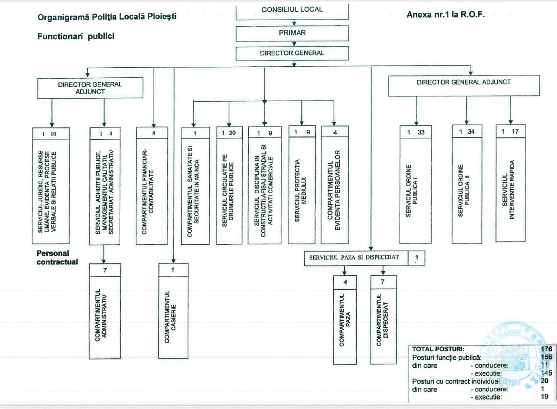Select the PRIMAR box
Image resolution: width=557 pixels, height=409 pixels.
[292, 33]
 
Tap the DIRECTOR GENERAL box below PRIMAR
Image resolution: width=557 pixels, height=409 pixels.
[292, 53]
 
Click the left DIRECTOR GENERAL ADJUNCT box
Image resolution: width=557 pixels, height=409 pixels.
[90, 88]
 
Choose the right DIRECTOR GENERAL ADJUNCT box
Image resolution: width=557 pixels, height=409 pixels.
[464, 85]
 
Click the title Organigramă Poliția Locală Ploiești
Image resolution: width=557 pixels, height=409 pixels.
[107, 17]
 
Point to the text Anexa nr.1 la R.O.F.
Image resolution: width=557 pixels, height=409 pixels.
[445, 15]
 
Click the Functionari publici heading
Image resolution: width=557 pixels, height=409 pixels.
[76, 36]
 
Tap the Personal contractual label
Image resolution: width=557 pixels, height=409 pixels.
[57, 258]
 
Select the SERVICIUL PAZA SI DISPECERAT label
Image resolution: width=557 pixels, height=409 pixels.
[354, 258]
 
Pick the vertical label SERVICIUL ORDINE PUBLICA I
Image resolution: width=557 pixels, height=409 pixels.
[412, 190]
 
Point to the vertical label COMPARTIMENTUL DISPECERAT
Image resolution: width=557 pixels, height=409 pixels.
[382, 320]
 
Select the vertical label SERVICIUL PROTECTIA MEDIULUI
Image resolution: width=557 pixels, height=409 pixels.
[300, 190]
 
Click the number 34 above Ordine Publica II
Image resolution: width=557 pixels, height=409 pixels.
[471, 132]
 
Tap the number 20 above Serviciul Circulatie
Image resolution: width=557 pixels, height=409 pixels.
[232, 133]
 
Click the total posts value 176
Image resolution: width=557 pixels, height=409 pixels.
[547, 349]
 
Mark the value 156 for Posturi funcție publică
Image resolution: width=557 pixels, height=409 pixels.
[547, 357]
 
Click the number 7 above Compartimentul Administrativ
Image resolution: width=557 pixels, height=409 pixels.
[105, 270]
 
